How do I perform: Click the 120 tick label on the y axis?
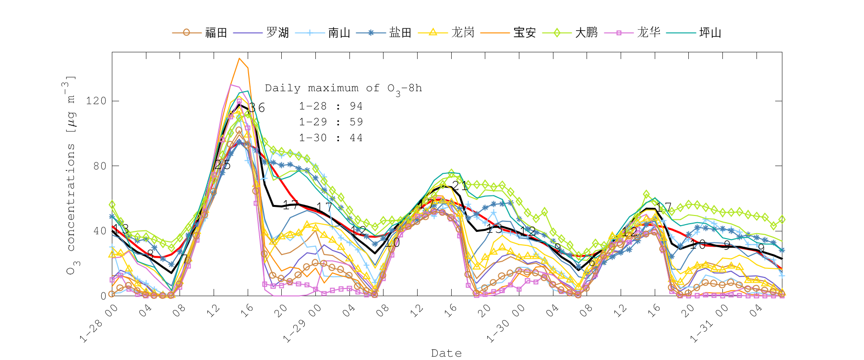pyautogui.click(x=96, y=101)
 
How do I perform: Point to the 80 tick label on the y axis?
pyautogui.click(x=99, y=166)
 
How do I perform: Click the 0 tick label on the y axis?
pyautogui.click(x=103, y=296)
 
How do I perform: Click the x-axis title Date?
pyautogui.click(x=446, y=353)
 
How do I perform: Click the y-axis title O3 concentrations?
pyautogui.click(x=70, y=175)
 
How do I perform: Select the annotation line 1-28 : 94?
pyautogui.click(x=331, y=106)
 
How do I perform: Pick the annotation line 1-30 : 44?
pyautogui.click(x=331, y=138)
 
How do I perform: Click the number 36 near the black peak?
pyautogui.click(x=257, y=108)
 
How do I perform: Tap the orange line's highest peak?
pyautogui.click(x=239, y=58)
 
